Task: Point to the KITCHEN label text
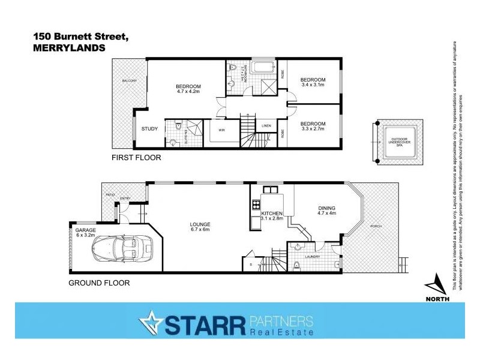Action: click(272, 214)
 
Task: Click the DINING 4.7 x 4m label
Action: click(326, 211)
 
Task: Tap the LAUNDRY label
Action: click(313, 256)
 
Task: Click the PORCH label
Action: click(376, 226)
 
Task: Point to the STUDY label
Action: click(149, 128)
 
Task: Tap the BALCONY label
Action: click(130, 80)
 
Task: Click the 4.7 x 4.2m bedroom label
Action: click(187, 88)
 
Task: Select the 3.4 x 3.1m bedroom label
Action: click(313, 82)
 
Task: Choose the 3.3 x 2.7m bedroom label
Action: click(313, 126)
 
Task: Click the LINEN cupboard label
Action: click(267, 125)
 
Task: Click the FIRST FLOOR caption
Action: click(136, 158)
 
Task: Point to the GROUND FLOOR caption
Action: click(99, 283)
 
